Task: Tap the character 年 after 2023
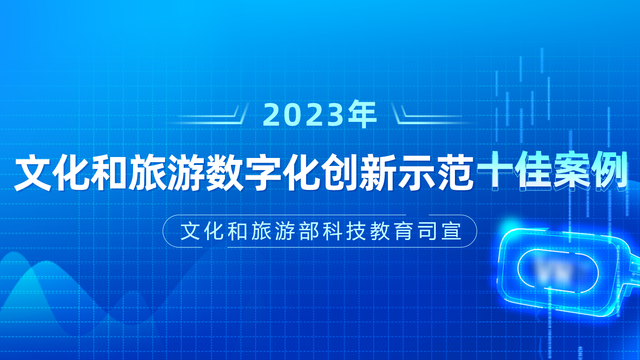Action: tap(362, 114)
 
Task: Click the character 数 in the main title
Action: tap(224, 172)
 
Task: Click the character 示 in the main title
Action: tap(417, 172)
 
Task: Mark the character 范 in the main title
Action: tap(454, 172)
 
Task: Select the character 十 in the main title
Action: tap(495, 171)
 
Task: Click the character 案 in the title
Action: tap(571, 171)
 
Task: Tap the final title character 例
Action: tap(609, 171)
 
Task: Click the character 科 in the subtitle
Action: tap(333, 231)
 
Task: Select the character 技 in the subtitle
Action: tap(356, 231)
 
